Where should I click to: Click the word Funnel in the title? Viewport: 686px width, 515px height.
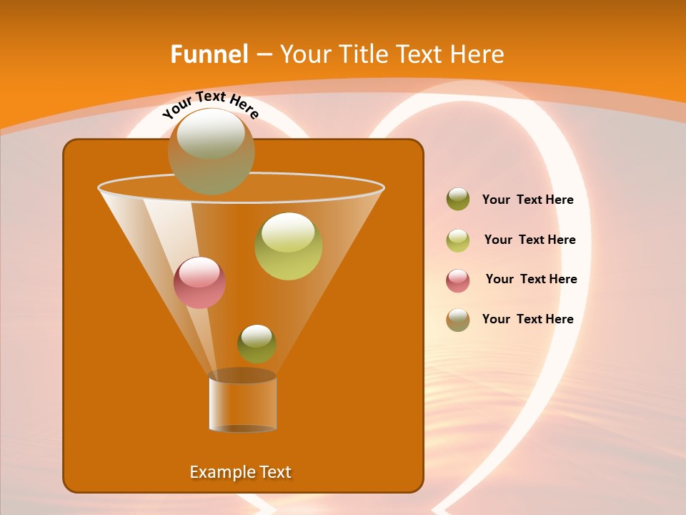pos(209,54)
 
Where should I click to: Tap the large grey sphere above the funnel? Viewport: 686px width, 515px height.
pos(212,151)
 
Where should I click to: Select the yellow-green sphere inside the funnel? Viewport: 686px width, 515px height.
pos(288,246)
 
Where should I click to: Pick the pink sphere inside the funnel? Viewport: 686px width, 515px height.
pos(199,283)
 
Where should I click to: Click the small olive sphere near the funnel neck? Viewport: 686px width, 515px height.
pos(257,344)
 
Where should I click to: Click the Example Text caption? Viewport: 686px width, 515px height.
pos(240,472)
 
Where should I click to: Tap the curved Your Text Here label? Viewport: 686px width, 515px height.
pos(210,105)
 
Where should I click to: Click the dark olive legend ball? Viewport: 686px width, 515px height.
pos(458,200)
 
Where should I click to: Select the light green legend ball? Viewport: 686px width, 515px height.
pos(458,240)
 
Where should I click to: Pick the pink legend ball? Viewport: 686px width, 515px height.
pos(458,280)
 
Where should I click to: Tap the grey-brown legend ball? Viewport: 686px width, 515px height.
pos(458,320)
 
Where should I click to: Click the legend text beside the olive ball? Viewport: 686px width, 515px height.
pos(527,200)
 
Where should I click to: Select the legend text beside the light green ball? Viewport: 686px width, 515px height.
pos(530,240)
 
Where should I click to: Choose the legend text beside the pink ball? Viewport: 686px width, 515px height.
pos(531,280)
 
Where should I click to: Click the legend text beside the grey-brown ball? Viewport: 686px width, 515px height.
pos(527,320)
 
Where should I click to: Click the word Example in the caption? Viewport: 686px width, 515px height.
pos(222,472)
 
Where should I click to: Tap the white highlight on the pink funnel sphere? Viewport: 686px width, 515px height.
pos(199,273)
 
